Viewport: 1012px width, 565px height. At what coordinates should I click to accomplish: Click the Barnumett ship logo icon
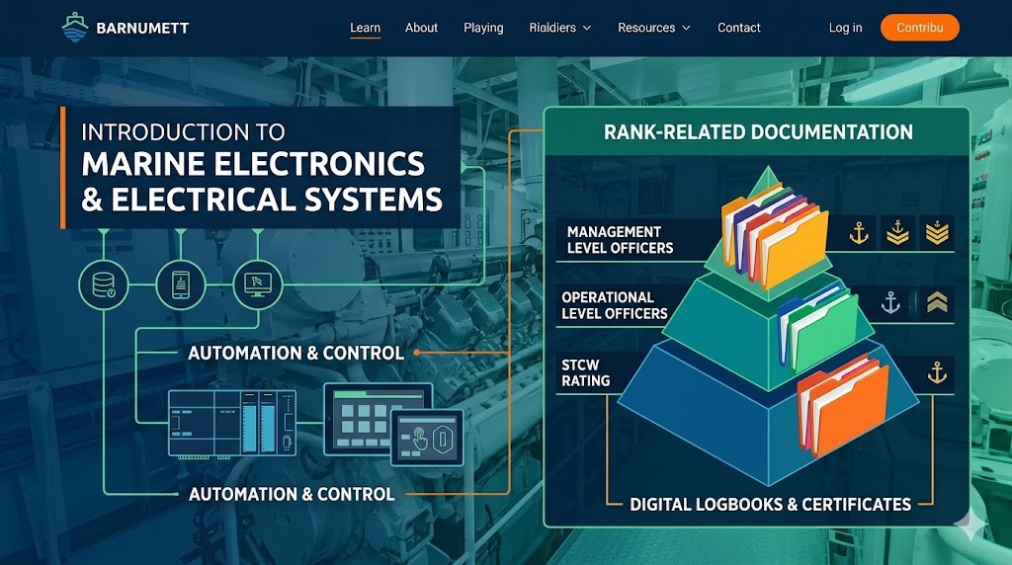(x=75, y=27)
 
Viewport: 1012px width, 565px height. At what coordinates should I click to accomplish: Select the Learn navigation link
(x=365, y=28)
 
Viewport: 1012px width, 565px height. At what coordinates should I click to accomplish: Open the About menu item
(x=421, y=28)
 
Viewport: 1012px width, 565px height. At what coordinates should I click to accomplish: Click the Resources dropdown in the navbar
(x=653, y=28)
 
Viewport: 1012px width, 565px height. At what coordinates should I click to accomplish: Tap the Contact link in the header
(x=738, y=28)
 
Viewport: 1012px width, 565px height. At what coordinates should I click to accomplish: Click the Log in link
(x=845, y=28)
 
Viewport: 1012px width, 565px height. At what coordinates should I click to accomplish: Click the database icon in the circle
(x=103, y=285)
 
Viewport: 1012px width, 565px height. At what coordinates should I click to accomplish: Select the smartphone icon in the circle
(x=180, y=285)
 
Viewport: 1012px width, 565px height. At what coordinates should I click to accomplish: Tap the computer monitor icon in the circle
(x=257, y=285)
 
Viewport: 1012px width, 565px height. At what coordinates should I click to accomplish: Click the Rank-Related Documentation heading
(x=758, y=131)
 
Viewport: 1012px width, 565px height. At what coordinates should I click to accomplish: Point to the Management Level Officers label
(x=620, y=240)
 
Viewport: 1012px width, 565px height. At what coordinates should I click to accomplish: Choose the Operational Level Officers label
(x=614, y=305)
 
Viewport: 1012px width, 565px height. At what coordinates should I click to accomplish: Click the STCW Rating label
(x=585, y=372)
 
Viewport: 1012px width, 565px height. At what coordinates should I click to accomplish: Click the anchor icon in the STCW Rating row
(x=935, y=373)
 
